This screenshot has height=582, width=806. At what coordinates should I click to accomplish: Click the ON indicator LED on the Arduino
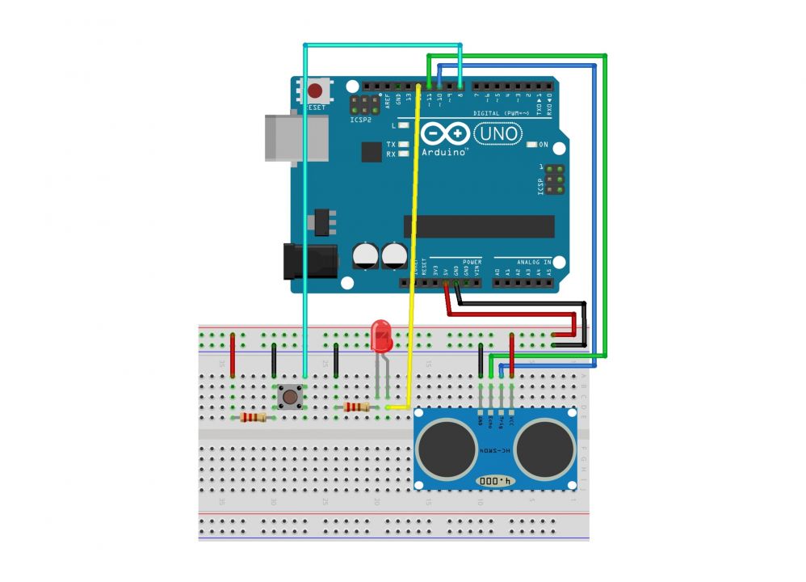pyautogui.click(x=531, y=145)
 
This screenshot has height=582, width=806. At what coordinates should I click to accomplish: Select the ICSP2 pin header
pyautogui.click(x=362, y=105)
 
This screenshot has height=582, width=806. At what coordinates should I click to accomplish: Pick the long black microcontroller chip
pyautogui.click(x=480, y=226)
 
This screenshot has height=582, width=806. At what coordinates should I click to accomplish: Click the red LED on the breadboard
pyautogui.click(x=380, y=334)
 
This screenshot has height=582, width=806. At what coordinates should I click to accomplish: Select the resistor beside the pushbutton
pyautogui.click(x=254, y=417)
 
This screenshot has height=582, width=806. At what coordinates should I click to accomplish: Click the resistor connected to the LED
pyautogui.click(x=356, y=407)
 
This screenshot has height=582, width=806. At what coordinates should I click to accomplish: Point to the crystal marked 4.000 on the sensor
pyautogui.click(x=495, y=481)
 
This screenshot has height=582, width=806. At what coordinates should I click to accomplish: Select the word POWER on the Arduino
pyautogui.click(x=472, y=263)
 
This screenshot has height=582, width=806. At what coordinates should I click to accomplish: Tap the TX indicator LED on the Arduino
pyautogui.click(x=402, y=144)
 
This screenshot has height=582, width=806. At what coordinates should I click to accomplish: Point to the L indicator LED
pyautogui.click(x=402, y=126)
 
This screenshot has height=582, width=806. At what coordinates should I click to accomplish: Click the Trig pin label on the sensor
pyautogui.click(x=501, y=420)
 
